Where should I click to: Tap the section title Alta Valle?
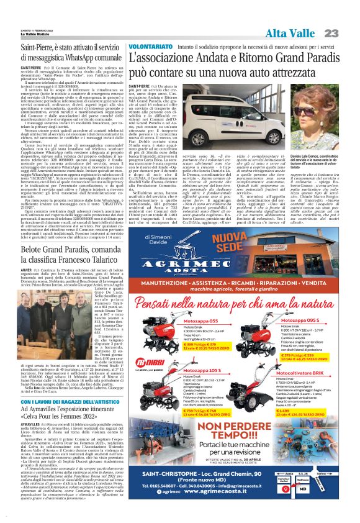point(292,33)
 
